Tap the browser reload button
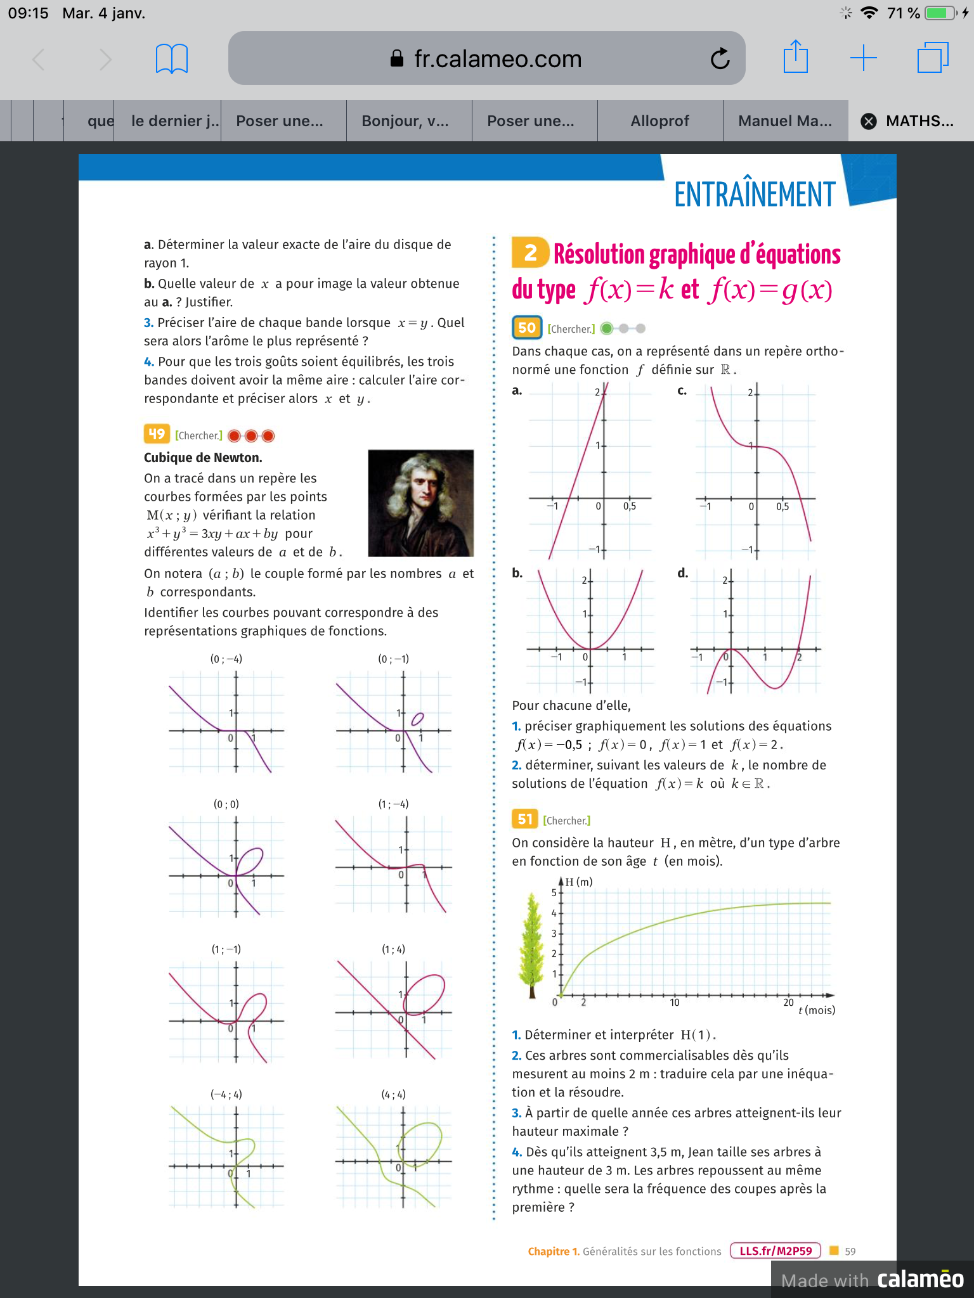[720, 59]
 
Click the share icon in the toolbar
[795, 57]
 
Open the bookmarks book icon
[171, 59]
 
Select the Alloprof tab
[659, 121]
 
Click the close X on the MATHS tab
[869, 121]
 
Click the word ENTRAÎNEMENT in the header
[754, 194]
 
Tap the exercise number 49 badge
[157, 434]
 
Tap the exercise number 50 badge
[527, 328]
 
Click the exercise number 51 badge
[524, 819]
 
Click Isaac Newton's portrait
[420, 503]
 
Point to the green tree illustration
[532, 944]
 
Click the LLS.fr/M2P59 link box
[776, 1251]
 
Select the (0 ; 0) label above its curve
[226, 804]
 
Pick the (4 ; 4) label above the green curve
[393, 1095]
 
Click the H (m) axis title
[578, 882]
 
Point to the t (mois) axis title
[817, 1010]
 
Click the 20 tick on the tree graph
[788, 1002]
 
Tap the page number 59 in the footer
[850, 1251]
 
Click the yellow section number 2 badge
[530, 253]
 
